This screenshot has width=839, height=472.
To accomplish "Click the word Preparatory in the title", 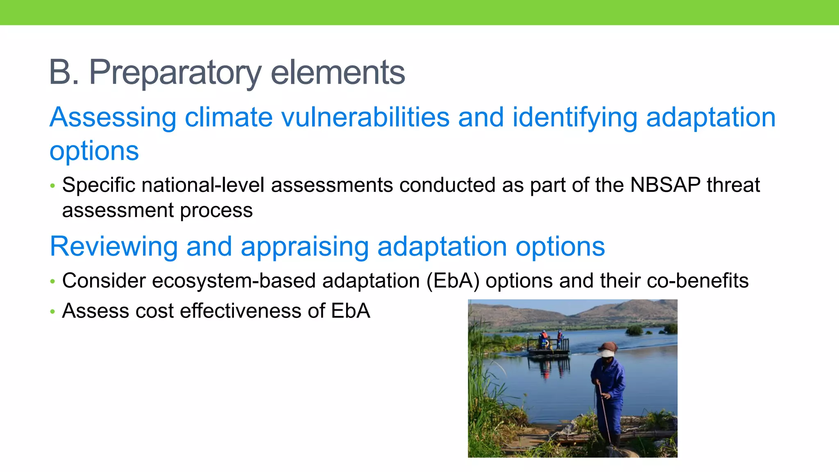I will point(175,73).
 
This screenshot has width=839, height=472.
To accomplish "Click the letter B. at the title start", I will point(64,73).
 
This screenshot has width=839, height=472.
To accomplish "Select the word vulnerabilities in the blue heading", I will point(365,118).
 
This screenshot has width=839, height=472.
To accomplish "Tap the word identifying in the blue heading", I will point(574,118).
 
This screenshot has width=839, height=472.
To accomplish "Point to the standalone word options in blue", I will point(94,151).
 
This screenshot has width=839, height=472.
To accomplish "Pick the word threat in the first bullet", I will point(733,185).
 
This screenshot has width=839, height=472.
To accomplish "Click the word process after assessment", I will point(216,211).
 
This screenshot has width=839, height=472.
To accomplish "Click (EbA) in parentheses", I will point(453,281).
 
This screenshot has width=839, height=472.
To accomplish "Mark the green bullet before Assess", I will point(52,312).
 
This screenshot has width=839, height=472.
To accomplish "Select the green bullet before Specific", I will point(52,186).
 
